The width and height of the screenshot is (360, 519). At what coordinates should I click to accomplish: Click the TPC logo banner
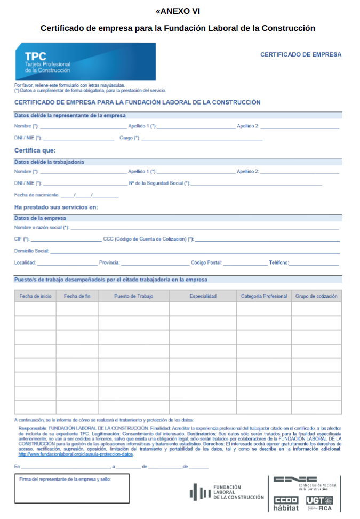tap(85, 62)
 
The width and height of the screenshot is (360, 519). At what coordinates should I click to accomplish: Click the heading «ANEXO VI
tap(178, 11)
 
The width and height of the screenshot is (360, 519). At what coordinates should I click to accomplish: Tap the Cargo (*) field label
tap(130, 138)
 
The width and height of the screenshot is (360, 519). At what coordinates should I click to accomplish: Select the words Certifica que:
tap(35, 150)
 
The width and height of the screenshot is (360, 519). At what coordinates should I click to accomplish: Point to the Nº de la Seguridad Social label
tap(159, 183)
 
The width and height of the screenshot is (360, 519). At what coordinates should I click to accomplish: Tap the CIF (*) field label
tap(22, 239)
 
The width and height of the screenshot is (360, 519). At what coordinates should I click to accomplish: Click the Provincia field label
tap(110, 262)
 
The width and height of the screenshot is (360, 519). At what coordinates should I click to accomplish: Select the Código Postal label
tap(206, 262)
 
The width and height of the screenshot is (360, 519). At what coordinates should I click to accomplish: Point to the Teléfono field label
tap(278, 262)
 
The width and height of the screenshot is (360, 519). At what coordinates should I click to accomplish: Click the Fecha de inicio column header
tap(36, 296)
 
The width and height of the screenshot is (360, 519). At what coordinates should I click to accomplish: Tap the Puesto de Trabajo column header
tap(133, 296)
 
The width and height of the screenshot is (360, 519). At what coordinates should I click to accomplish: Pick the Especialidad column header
tap(203, 296)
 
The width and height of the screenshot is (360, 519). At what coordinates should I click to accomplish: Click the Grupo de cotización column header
tap(316, 296)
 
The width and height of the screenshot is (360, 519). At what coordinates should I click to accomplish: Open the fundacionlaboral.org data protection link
tap(76, 454)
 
